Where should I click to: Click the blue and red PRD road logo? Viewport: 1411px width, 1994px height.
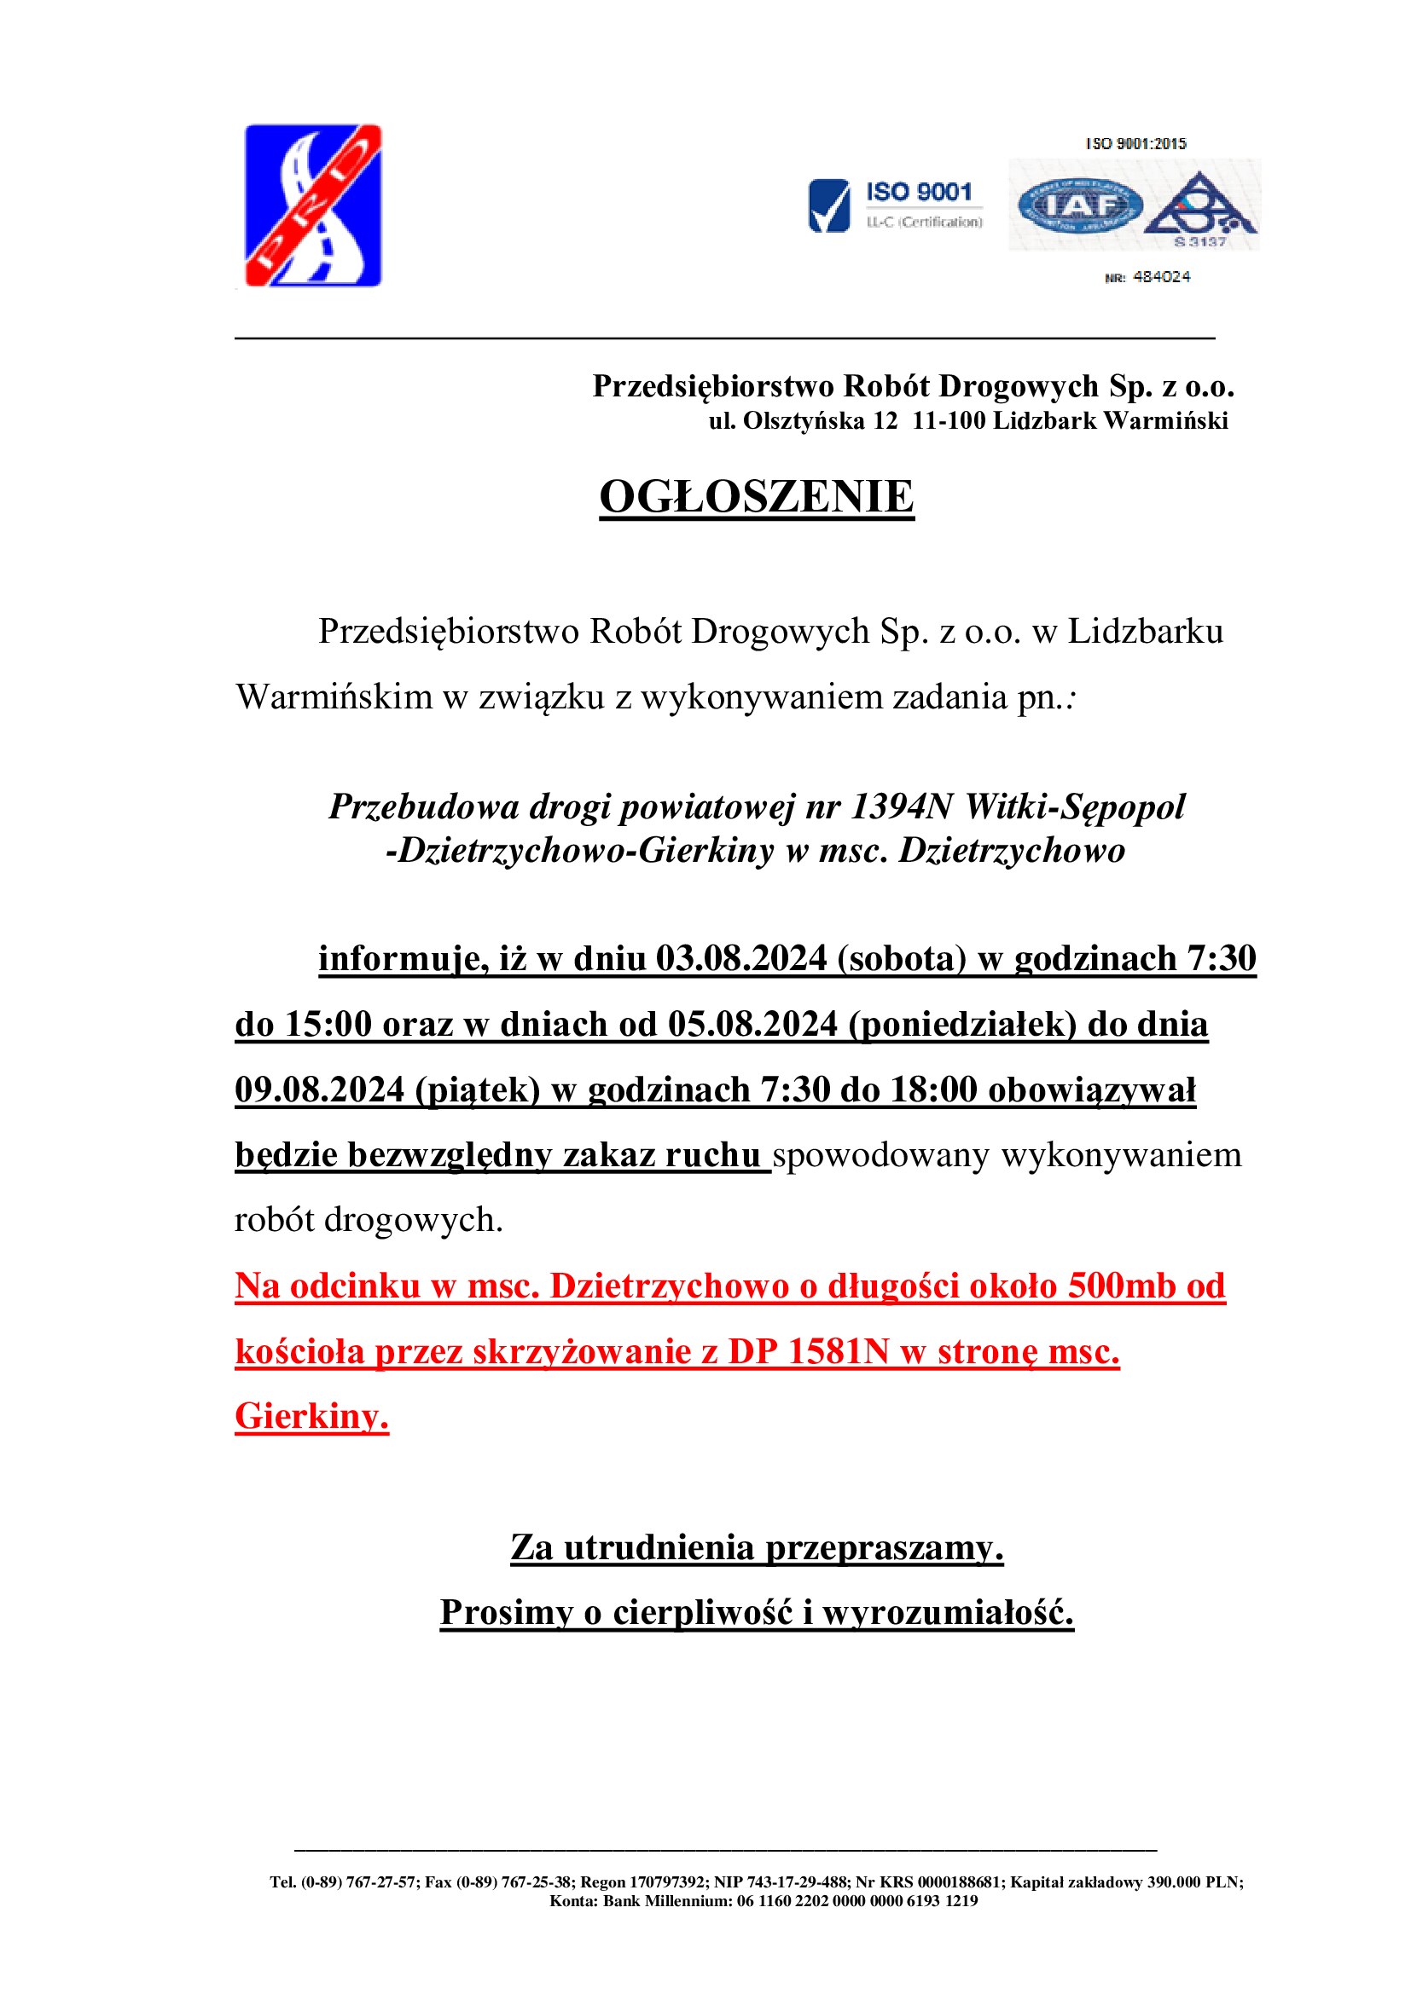[x=313, y=205]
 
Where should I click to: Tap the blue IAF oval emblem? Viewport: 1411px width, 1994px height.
[x=1080, y=205]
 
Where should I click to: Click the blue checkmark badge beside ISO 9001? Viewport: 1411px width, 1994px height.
[x=828, y=205]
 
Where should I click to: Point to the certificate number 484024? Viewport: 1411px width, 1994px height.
[x=1161, y=277]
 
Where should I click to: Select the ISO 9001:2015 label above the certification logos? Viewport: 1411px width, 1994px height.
[x=1135, y=143]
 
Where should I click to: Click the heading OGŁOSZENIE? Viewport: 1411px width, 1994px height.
[x=757, y=497]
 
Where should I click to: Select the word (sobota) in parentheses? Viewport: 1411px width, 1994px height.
[x=902, y=959]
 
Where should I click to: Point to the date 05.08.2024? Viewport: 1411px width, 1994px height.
[x=752, y=1025]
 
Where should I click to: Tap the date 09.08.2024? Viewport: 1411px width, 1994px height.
[x=320, y=1090]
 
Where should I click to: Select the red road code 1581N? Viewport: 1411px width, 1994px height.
[x=839, y=1352]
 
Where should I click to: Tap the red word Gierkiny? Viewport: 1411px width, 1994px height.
[x=311, y=1417]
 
